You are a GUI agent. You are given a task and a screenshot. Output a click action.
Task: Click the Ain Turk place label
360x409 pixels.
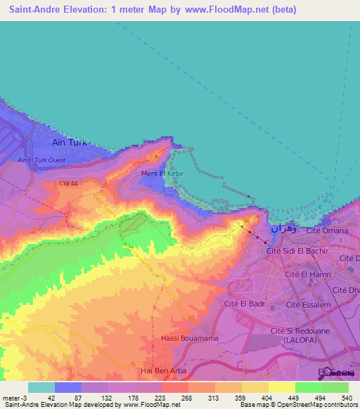click(70, 142)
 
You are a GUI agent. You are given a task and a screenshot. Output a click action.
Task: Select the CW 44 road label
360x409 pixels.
click(68, 183)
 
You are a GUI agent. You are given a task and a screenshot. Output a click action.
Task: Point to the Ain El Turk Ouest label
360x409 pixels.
click(41, 160)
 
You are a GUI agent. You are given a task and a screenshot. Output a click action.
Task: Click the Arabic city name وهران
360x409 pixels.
click(283, 229)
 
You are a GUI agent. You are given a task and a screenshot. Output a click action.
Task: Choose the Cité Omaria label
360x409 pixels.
click(326, 231)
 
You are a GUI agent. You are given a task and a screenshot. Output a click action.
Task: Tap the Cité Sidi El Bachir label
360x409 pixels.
click(297, 250)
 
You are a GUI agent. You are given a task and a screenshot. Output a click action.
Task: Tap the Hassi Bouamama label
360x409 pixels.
click(181, 339)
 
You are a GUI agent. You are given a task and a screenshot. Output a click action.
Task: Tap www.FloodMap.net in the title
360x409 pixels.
click(235, 10)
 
